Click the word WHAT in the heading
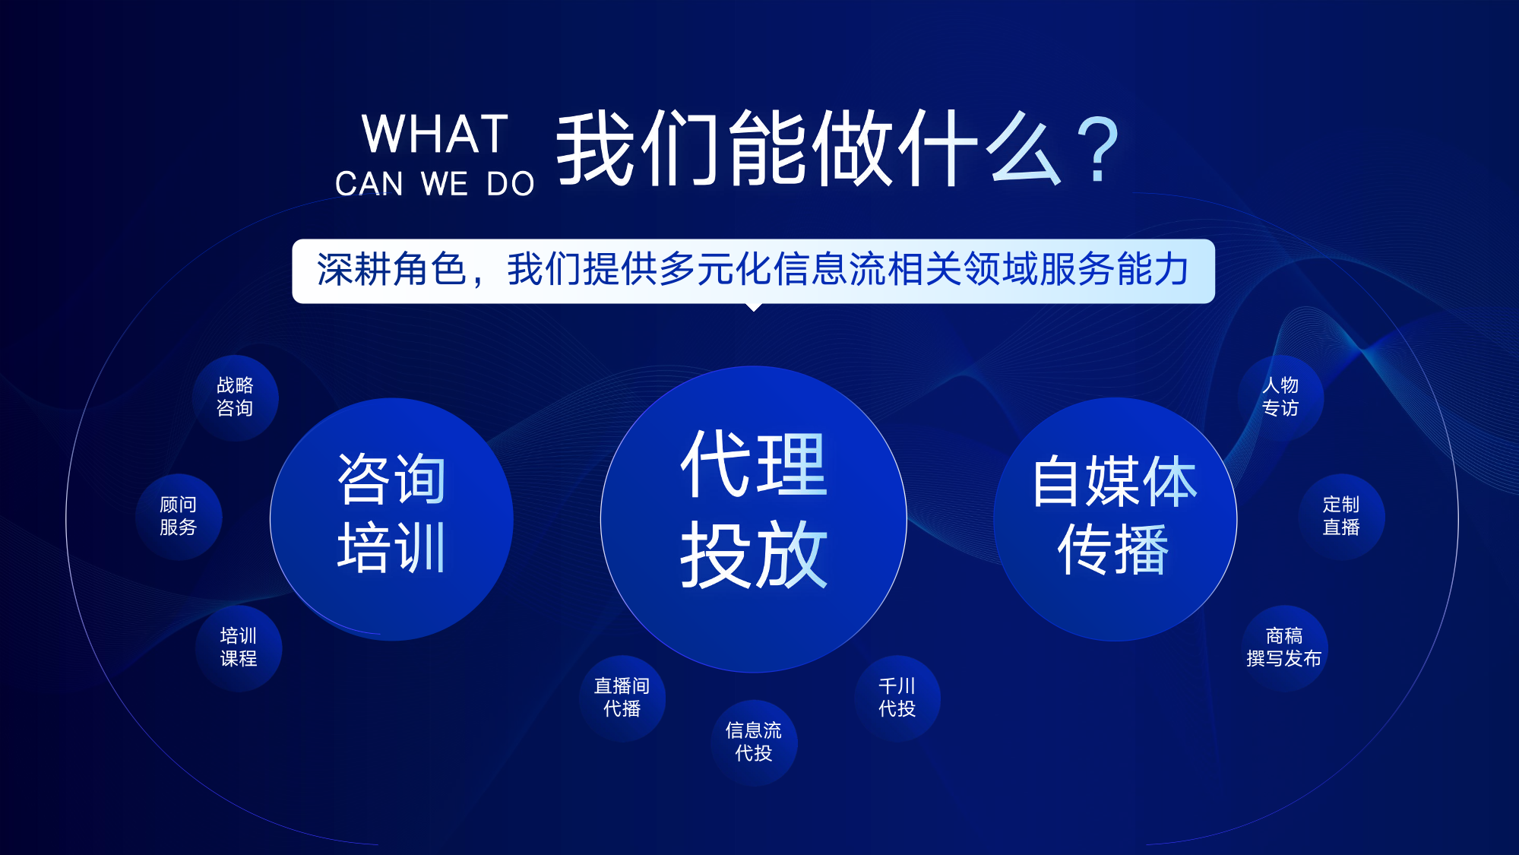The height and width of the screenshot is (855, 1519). [x=435, y=134]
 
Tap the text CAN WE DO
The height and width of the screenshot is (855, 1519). [x=435, y=184]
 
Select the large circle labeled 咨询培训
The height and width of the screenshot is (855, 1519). [x=391, y=519]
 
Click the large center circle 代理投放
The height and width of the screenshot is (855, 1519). [x=754, y=519]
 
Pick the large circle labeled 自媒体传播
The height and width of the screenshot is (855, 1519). [x=1115, y=519]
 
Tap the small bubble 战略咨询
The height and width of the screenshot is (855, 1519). [x=235, y=397]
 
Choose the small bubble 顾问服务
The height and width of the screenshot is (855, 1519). [x=179, y=517]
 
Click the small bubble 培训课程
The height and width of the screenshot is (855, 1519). [x=239, y=648]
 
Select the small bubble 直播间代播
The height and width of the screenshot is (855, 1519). [x=622, y=698]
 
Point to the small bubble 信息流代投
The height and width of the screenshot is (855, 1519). [x=754, y=743]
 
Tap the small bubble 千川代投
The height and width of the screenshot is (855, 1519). [x=897, y=698]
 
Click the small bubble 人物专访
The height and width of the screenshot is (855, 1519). [x=1280, y=397]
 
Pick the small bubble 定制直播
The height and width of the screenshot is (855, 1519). [x=1341, y=517]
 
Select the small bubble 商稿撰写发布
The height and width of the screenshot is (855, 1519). [x=1284, y=648]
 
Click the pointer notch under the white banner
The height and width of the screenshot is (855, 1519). [x=754, y=307]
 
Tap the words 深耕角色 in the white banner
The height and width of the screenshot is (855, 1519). [x=391, y=270]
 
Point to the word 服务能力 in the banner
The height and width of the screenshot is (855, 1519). [x=1114, y=270]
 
